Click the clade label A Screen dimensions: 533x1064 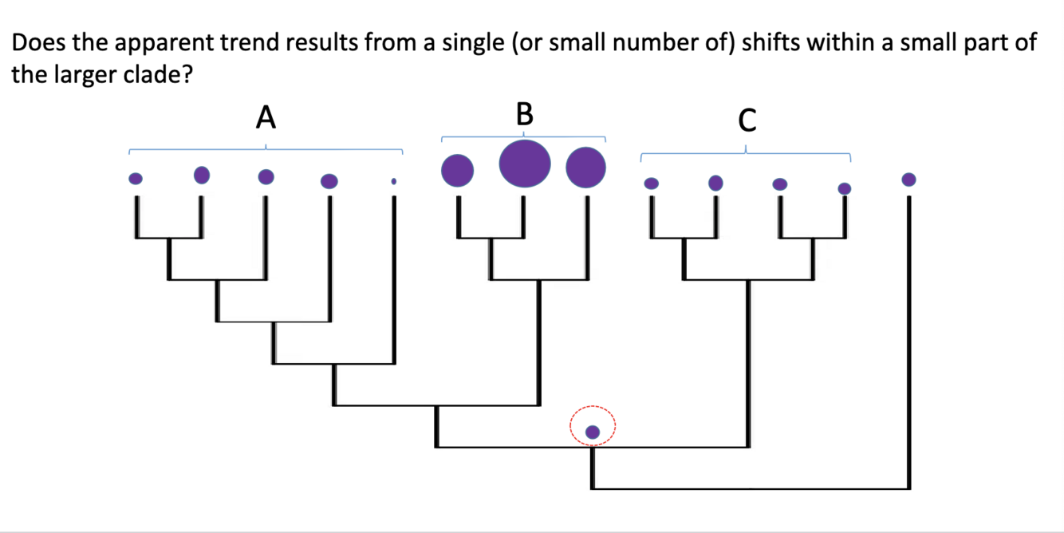click(266, 118)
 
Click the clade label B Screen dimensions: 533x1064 click(523, 114)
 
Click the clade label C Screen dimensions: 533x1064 click(747, 120)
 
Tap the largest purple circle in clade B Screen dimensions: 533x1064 click(524, 162)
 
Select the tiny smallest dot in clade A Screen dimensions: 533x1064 click(393, 182)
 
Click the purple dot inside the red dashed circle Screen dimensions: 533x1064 click(593, 432)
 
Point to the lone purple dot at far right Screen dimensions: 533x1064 click(908, 179)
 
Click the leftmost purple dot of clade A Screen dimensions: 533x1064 click(136, 178)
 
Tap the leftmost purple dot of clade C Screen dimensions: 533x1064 click(651, 184)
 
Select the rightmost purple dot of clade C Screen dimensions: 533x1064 click(845, 188)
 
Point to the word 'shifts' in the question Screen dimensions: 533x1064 click(771, 43)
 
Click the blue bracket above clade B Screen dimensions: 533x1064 click(523, 136)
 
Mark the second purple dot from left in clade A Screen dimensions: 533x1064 click(202, 173)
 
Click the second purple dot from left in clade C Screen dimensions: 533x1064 click(715, 183)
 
